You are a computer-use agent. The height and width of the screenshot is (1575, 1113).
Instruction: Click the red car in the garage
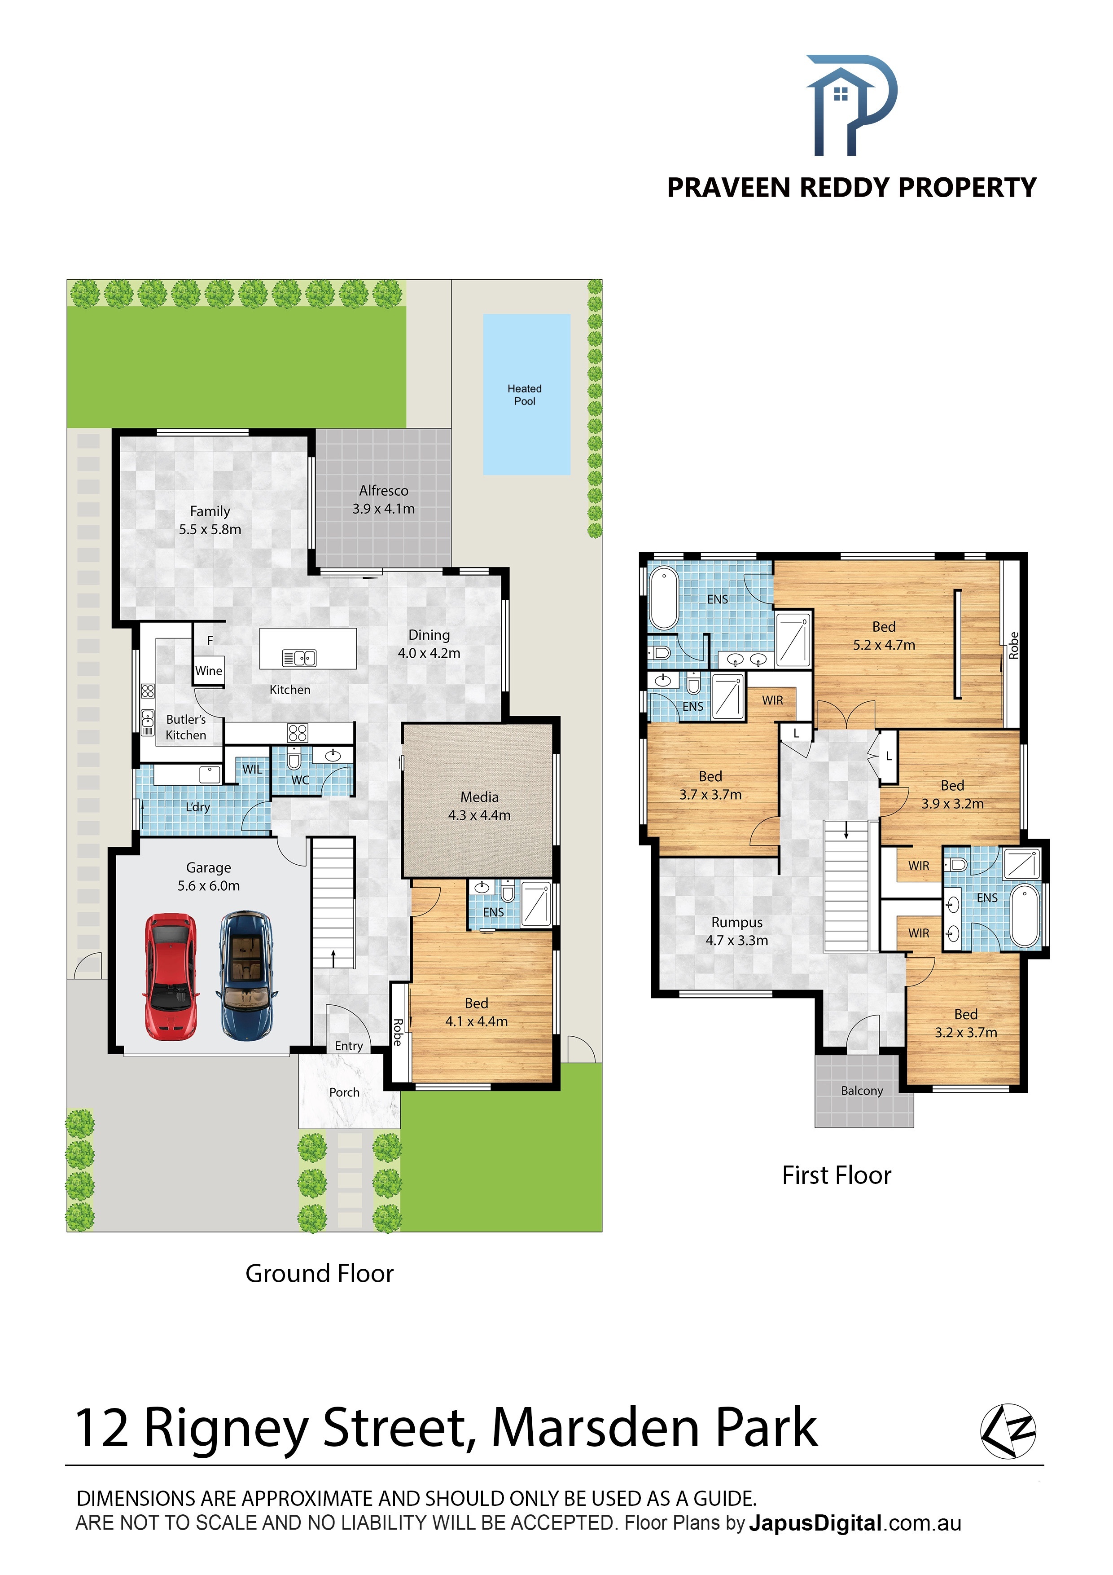[171, 977]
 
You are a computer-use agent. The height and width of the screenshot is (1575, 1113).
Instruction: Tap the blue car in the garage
[247, 976]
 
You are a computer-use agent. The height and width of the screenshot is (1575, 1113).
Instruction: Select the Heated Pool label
[525, 395]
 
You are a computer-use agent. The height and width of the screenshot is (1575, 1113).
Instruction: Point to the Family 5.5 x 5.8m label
[210, 520]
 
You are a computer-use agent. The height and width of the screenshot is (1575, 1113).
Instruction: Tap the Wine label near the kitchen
[209, 671]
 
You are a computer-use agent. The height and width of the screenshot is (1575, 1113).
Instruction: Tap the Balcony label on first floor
[862, 1091]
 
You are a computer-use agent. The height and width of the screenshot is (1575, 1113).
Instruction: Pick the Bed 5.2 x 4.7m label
[884, 636]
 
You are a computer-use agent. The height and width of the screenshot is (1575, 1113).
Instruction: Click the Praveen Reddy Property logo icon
[852, 105]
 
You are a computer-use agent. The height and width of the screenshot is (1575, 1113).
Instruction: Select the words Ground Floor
[320, 1273]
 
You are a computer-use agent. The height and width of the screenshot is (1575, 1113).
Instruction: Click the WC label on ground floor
[300, 780]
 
